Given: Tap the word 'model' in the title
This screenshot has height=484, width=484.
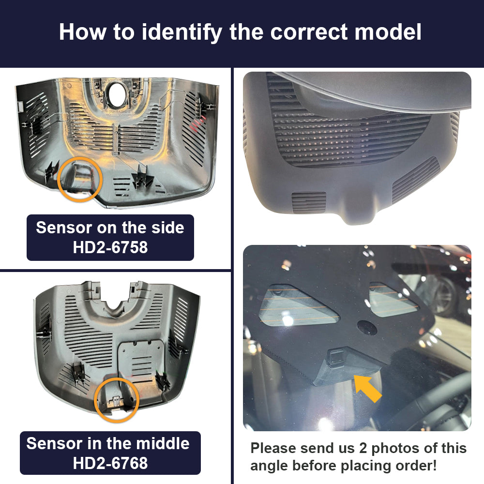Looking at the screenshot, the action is tap(388, 32).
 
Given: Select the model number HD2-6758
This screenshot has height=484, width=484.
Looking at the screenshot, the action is tap(110, 247).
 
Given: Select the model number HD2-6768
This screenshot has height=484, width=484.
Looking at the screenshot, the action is tap(110, 463).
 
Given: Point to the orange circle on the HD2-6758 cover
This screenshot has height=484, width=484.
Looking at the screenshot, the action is tap(80, 180).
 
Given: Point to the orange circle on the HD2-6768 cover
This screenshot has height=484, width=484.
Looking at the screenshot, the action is tap(116, 400).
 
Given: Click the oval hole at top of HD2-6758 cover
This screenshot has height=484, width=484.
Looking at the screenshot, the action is tap(116, 92).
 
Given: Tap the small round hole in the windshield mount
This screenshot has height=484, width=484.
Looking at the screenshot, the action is tap(367, 328).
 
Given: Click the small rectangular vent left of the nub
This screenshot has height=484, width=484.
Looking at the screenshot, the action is tap(309, 202).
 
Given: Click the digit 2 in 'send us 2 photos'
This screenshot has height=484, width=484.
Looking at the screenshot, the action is tap(363, 449).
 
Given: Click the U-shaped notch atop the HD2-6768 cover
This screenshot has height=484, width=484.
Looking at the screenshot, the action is tap(116, 304).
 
